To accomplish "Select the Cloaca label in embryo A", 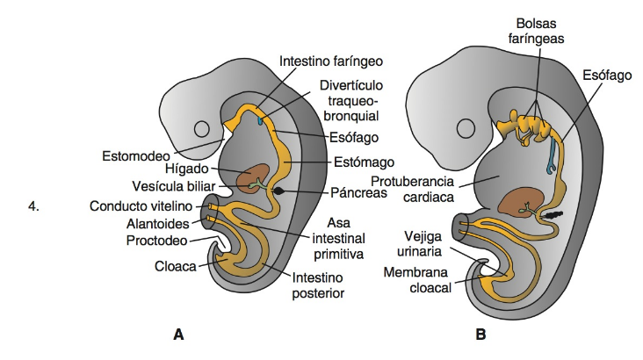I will click(x=176, y=263).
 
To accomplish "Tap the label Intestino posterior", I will click(x=318, y=286).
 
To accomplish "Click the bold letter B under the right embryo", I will click(x=480, y=335).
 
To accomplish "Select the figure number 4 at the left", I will click(x=34, y=206).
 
